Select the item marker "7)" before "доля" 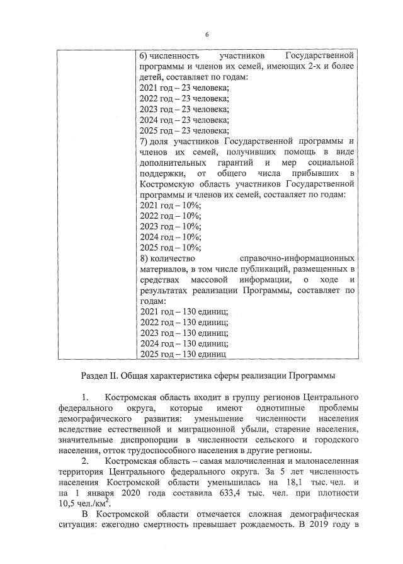pyautogui.click(x=143, y=141)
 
